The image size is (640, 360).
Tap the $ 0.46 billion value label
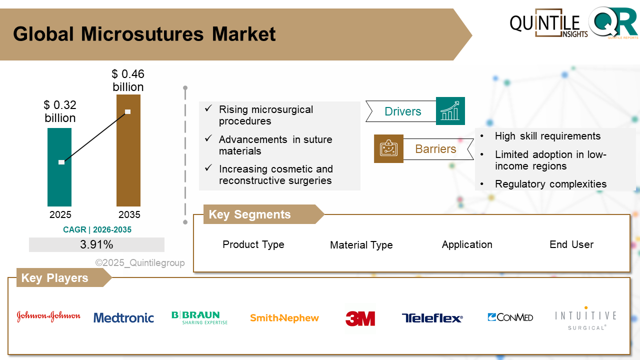point(128,80)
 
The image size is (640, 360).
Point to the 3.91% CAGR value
point(96,244)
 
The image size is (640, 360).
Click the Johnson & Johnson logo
point(48,316)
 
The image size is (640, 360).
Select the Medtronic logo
point(123,317)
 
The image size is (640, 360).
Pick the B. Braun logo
point(199,317)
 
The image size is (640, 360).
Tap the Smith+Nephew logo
point(284,318)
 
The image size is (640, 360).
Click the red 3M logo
point(360,318)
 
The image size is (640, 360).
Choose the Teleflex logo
point(432,318)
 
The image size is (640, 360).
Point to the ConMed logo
point(510,317)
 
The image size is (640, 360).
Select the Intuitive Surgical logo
point(585,318)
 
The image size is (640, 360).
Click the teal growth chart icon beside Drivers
point(450,111)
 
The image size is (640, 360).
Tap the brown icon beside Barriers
point(388,148)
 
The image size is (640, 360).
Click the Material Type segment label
point(361,245)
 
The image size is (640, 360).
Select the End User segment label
point(571,244)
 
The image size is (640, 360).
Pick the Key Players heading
point(55,278)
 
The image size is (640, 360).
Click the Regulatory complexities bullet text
point(550,184)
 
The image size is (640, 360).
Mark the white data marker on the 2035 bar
point(128,111)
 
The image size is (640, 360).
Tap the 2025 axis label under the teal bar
point(60,215)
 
